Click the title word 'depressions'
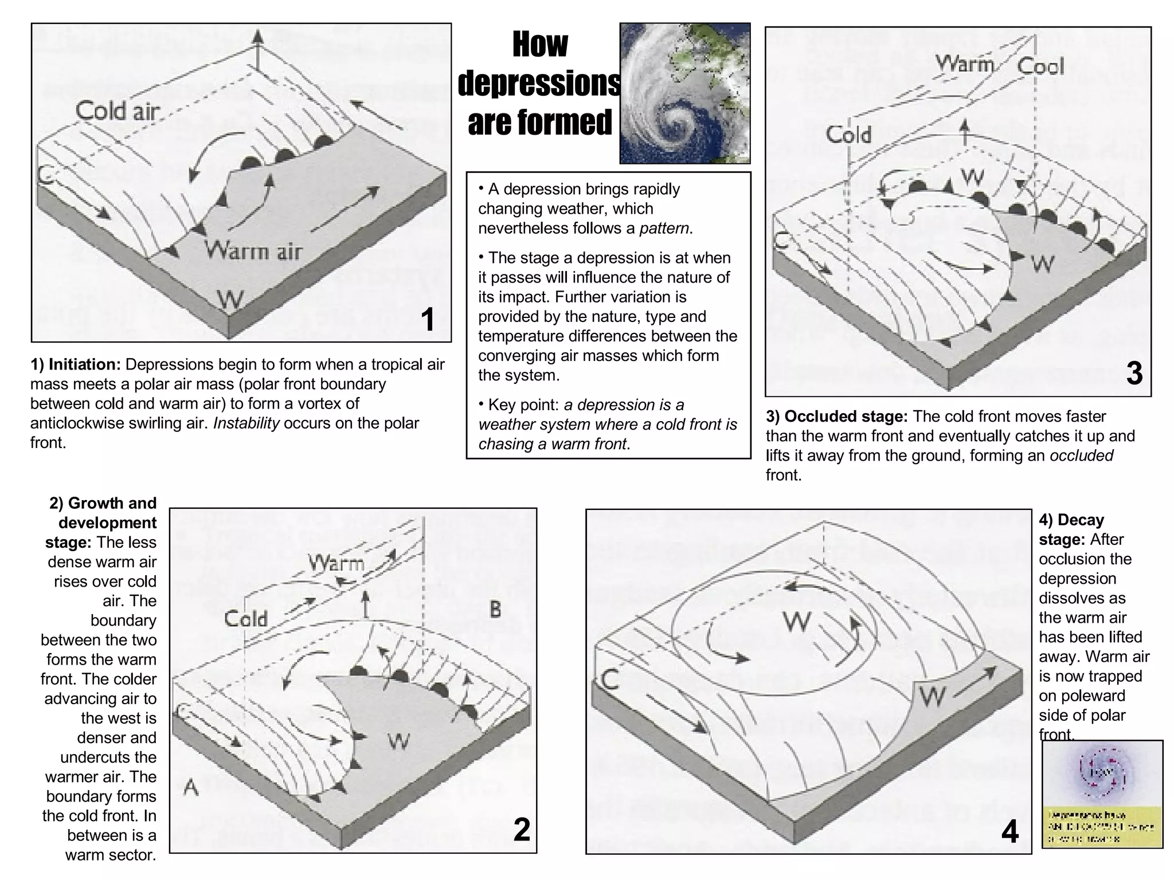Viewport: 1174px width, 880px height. [x=539, y=84]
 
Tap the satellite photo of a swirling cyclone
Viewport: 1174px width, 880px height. [x=685, y=93]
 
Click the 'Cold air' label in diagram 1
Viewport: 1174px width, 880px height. [x=118, y=111]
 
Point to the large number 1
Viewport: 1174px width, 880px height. [x=428, y=319]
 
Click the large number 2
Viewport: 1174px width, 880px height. [x=521, y=829]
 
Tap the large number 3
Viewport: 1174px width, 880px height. [x=1134, y=374]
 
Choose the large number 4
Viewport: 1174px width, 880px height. [x=1010, y=832]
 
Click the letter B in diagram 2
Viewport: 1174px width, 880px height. [x=495, y=610]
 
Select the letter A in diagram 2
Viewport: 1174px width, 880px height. [x=191, y=788]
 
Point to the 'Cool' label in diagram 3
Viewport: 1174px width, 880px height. [x=1040, y=66]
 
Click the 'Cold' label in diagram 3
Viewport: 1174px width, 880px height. [x=848, y=135]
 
